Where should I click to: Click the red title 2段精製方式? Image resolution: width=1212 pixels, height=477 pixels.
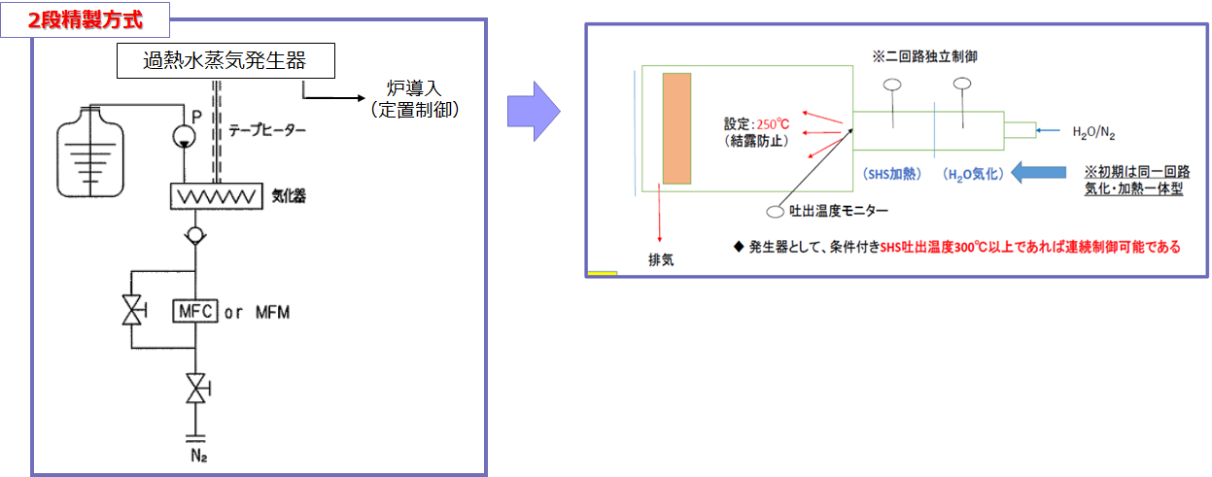click(x=85, y=20)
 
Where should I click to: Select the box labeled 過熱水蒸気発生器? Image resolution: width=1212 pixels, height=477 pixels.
click(x=225, y=60)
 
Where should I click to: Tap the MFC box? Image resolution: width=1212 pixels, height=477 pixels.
click(x=195, y=311)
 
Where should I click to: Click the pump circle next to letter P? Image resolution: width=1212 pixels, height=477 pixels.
click(x=184, y=136)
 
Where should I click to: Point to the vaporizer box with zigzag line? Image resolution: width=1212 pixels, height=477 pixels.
click(x=217, y=196)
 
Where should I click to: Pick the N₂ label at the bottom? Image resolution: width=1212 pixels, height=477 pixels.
click(x=198, y=456)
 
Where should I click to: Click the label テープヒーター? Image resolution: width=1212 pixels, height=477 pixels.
click(x=266, y=130)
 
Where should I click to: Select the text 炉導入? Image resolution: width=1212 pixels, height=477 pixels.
click(x=414, y=88)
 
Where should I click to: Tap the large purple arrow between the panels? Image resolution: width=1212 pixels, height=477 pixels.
click(x=534, y=112)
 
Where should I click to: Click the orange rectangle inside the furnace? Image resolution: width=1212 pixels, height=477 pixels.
click(x=676, y=128)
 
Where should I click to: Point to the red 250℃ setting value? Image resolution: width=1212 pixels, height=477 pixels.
click(x=773, y=124)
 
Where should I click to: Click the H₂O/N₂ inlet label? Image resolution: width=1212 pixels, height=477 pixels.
click(x=1093, y=132)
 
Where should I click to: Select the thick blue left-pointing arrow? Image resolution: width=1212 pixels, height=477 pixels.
click(x=1038, y=173)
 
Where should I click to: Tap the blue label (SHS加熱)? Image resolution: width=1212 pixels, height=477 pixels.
click(x=891, y=174)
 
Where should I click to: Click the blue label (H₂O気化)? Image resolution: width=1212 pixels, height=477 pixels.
click(x=973, y=174)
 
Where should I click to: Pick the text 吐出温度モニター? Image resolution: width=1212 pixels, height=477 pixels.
click(x=839, y=211)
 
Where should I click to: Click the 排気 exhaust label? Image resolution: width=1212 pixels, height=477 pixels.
click(x=661, y=260)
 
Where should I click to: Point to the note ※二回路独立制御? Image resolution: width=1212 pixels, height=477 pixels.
click(x=924, y=56)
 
